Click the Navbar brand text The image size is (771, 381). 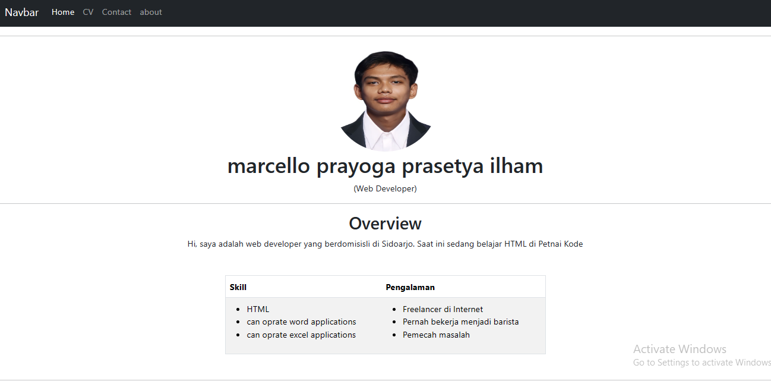(22, 12)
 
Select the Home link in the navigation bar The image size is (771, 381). (63, 12)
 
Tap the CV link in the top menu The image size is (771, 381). (88, 12)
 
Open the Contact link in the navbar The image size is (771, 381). (116, 12)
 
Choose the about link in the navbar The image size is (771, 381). (151, 12)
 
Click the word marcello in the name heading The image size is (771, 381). (268, 166)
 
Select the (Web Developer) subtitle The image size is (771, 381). (385, 189)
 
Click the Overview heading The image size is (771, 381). (385, 224)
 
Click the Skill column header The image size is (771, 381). (238, 288)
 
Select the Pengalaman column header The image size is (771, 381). (410, 288)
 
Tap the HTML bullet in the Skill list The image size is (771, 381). (258, 310)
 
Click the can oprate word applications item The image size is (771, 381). (301, 322)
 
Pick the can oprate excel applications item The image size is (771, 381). (301, 335)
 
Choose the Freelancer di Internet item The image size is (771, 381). (443, 310)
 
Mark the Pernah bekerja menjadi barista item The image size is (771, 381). (460, 322)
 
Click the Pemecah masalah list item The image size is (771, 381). (436, 335)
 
